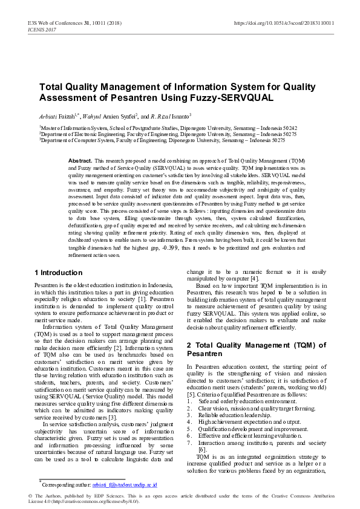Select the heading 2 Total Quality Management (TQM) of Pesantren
point(256,349)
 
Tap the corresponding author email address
point(125,485)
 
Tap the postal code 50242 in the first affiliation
point(290,128)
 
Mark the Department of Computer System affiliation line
point(155,140)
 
